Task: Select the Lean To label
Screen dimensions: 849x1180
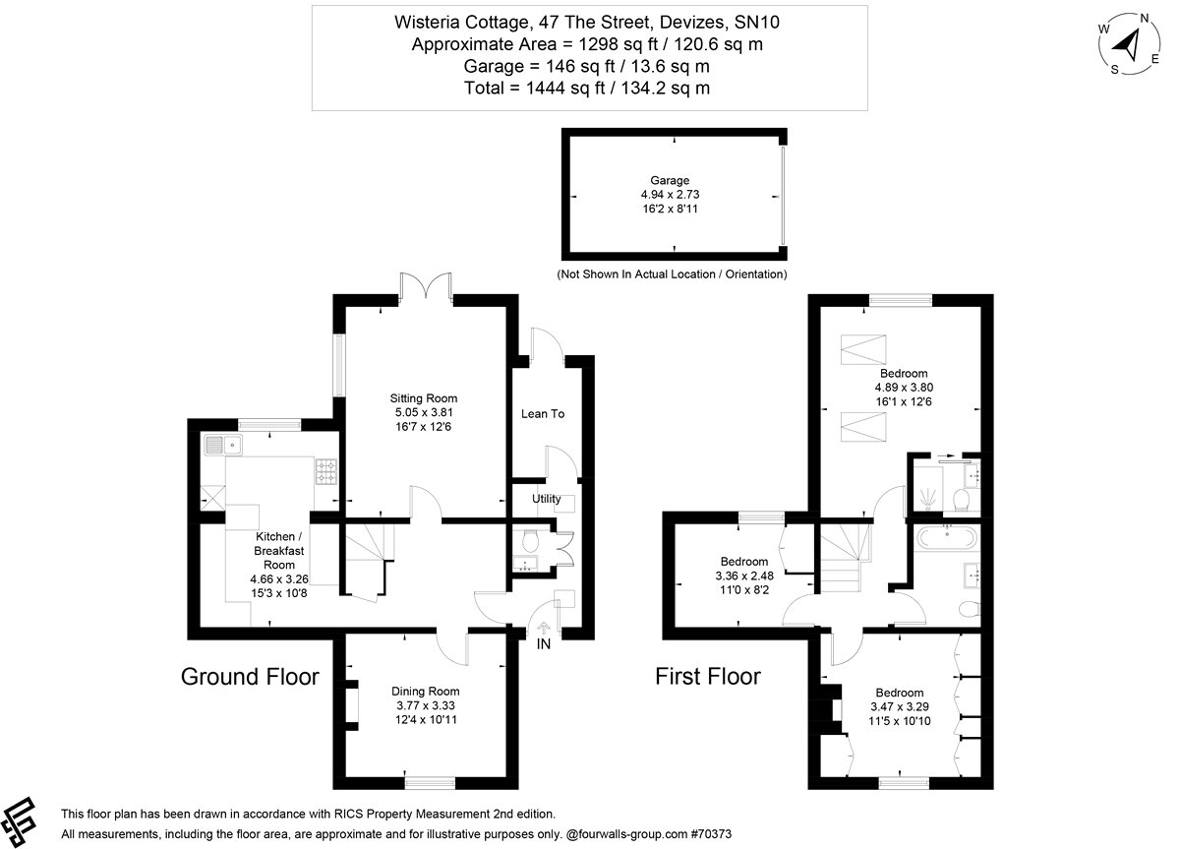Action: [x=543, y=414]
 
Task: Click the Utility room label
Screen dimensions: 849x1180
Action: [x=546, y=499]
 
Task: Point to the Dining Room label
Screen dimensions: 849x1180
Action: [x=425, y=692]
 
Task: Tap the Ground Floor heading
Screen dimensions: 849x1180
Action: [x=250, y=677]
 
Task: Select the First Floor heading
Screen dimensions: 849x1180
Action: [x=708, y=677]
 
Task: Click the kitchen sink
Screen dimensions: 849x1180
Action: [x=225, y=446]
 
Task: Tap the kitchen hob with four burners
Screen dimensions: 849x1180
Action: [x=325, y=472]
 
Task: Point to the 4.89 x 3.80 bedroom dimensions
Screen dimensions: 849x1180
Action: [x=902, y=388]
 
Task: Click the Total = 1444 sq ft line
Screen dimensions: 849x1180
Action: [x=588, y=89]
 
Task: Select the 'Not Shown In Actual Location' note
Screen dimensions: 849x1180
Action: [x=673, y=273]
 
